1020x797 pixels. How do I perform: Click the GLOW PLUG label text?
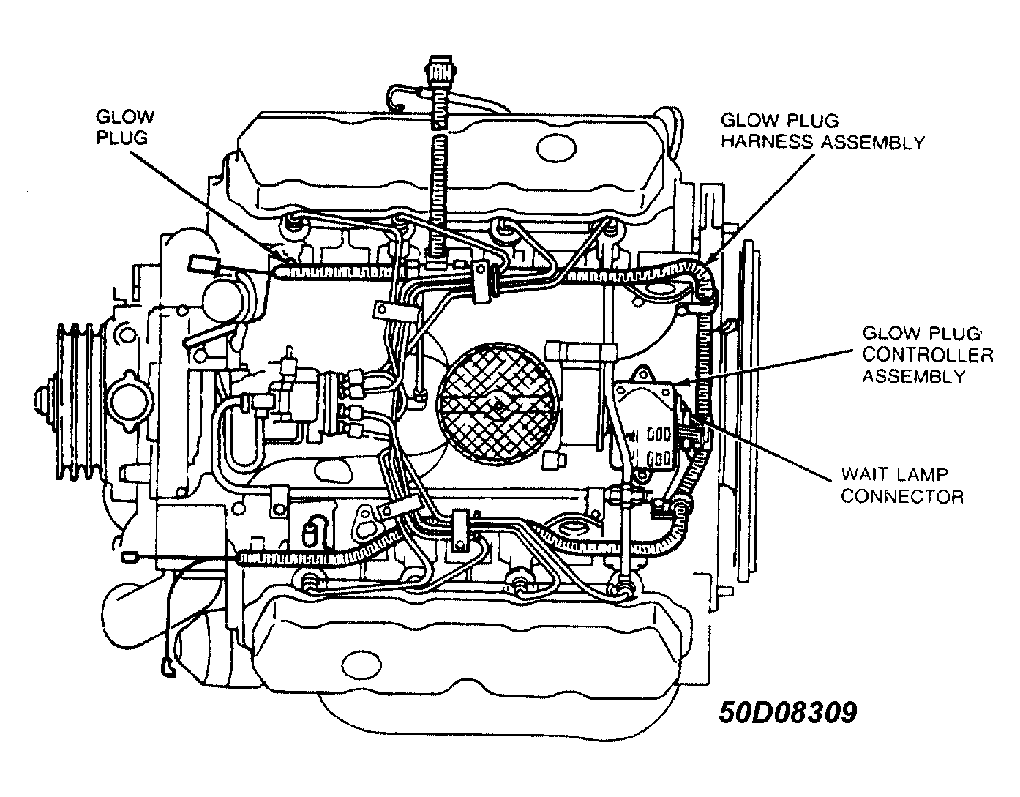tap(125, 127)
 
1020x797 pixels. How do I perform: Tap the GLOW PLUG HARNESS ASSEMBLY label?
tap(822, 132)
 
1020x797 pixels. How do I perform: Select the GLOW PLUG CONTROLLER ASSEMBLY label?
tap(927, 355)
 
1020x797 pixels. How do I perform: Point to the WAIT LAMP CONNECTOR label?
tap(901, 485)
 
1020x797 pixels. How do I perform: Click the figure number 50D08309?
tap(787, 712)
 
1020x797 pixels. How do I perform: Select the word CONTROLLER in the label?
tap(927, 356)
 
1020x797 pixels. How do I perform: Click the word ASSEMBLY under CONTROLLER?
tap(912, 377)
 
